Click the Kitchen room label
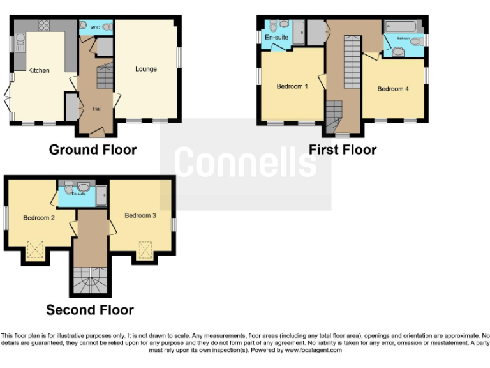tap(39, 70)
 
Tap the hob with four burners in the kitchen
tap(44, 26)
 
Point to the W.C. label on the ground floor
tap(94, 27)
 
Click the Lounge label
tap(145, 69)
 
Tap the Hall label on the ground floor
tap(97, 109)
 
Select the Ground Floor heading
tap(93, 149)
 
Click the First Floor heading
tap(343, 149)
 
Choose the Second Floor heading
tap(90, 310)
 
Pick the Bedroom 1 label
tap(292, 86)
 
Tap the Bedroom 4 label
tap(393, 89)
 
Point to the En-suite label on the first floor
tap(276, 38)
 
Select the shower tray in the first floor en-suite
tap(299, 33)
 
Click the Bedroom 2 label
tap(39, 218)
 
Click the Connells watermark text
tap(246, 162)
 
